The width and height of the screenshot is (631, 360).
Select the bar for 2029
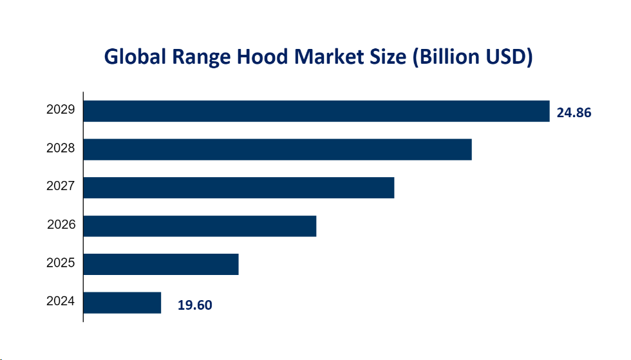pos(316,111)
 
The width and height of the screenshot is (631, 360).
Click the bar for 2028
pos(278,149)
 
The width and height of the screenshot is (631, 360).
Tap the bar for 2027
pos(238,187)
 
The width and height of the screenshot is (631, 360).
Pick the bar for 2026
pos(200,225)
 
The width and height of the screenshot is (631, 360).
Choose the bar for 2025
pos(161,264)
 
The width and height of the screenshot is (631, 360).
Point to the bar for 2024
pos(122,302)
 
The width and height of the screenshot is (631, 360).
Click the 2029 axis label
pos(61,110)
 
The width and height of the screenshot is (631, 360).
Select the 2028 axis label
pos(61,149)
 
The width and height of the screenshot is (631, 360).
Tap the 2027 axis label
pos(61,187)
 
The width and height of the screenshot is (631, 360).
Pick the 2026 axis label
pos(61,225)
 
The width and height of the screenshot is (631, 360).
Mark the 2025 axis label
pos(61,263)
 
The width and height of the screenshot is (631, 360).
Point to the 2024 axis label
pos(61,301)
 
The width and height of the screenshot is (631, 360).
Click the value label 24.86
pos(573,113)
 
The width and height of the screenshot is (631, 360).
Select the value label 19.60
pos(194,305)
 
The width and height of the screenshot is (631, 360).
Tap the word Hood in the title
pos(258,57)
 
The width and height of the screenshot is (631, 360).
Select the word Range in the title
pos(197,57)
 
